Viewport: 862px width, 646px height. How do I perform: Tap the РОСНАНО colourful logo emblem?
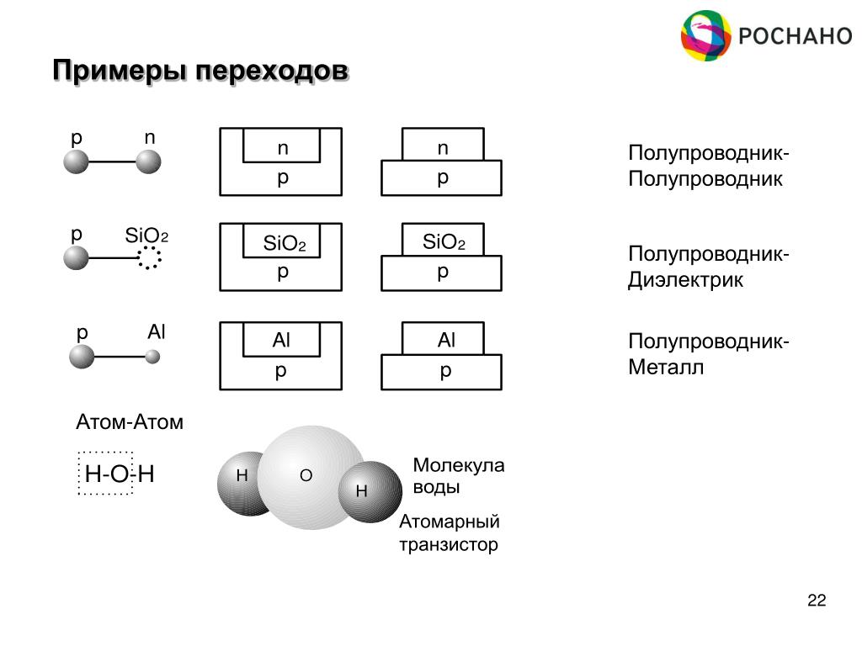[x=705, y=35]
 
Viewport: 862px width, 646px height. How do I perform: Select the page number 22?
[x=816, y=601]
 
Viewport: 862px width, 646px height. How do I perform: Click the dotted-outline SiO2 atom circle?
[x=149, y=258]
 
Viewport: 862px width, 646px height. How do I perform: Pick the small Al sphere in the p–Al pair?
[x=152, y=357]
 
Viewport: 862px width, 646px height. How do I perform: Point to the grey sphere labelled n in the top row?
[x=149, y=161]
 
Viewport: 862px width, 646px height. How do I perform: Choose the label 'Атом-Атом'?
[x=130, y=421]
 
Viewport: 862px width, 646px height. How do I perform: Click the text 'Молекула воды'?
[x=458, y=476]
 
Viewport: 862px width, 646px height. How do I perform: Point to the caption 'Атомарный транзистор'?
[x=449, y=533]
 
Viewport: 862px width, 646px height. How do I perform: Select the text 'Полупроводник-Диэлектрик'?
[x=708, y=267]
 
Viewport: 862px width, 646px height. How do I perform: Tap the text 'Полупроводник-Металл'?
[x=708, y=355]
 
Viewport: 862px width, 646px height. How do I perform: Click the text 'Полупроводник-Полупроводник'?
[x=708, y=167]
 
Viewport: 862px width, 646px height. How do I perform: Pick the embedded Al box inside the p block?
[x=281, y=341]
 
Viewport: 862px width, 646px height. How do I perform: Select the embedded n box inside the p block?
[x=281, y=147]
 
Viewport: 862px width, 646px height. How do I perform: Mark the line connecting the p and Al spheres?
[x=120, y=357]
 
